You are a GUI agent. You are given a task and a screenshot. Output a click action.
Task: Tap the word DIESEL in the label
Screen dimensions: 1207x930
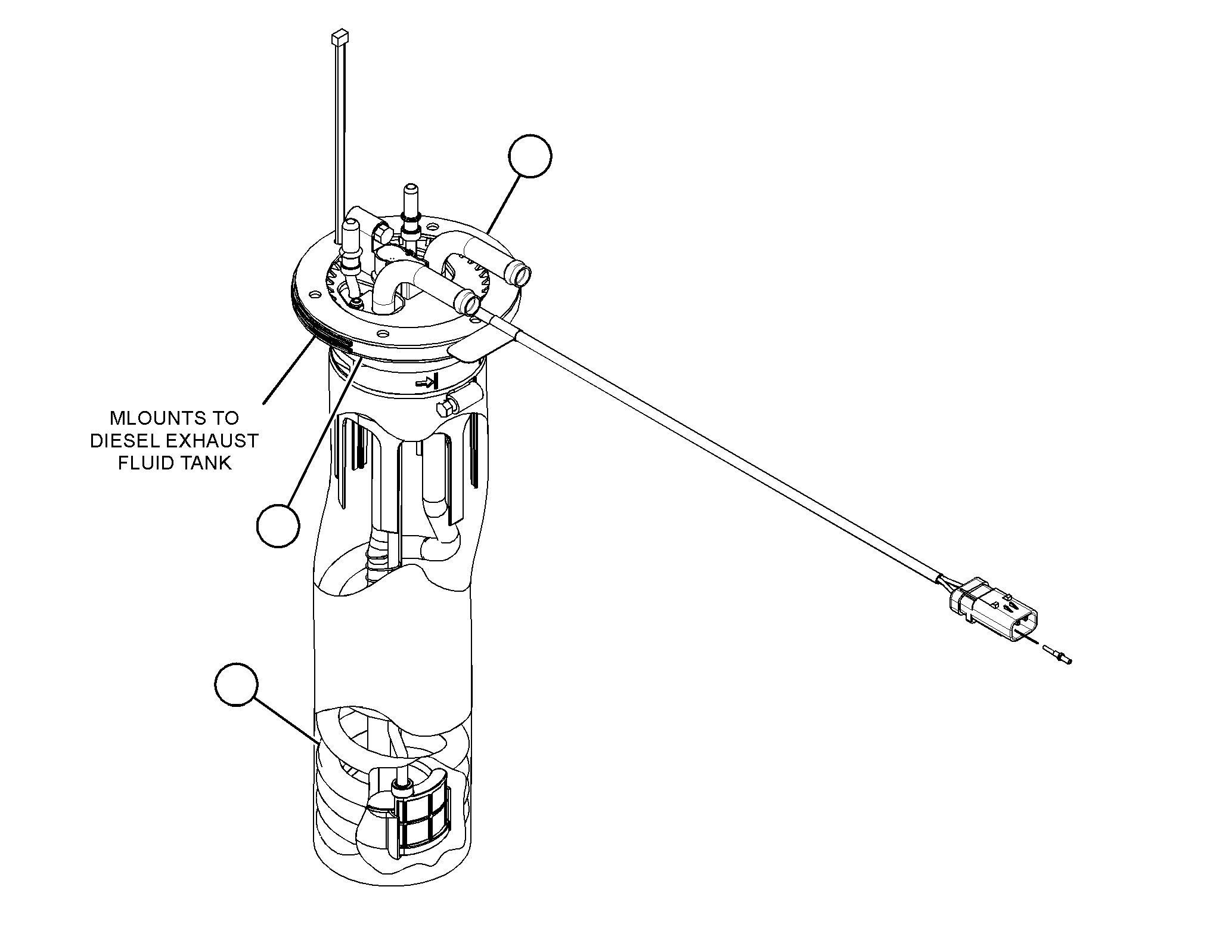116,441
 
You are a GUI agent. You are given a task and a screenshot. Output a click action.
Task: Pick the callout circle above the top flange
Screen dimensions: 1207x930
530,156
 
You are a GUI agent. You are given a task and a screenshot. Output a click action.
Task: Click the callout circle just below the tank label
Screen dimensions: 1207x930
278,526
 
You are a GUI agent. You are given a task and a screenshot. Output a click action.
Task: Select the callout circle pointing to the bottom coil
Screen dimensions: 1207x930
237,684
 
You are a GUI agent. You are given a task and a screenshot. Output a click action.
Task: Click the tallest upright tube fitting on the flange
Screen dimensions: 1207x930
411,215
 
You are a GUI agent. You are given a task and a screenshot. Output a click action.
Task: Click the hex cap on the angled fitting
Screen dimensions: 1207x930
380,231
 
